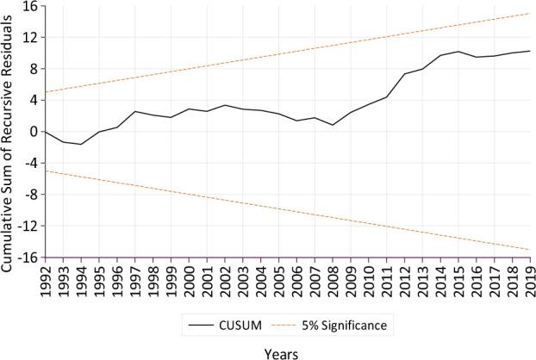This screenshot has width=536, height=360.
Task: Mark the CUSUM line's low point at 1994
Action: (x=80, y=144)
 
